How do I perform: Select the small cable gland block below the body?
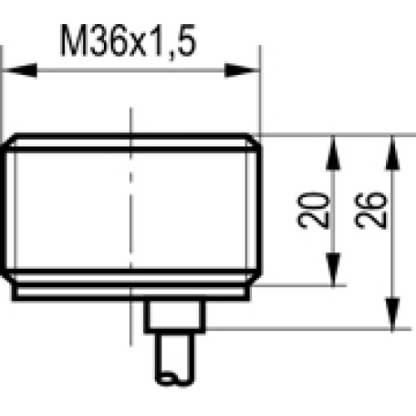[x=176, y=315]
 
